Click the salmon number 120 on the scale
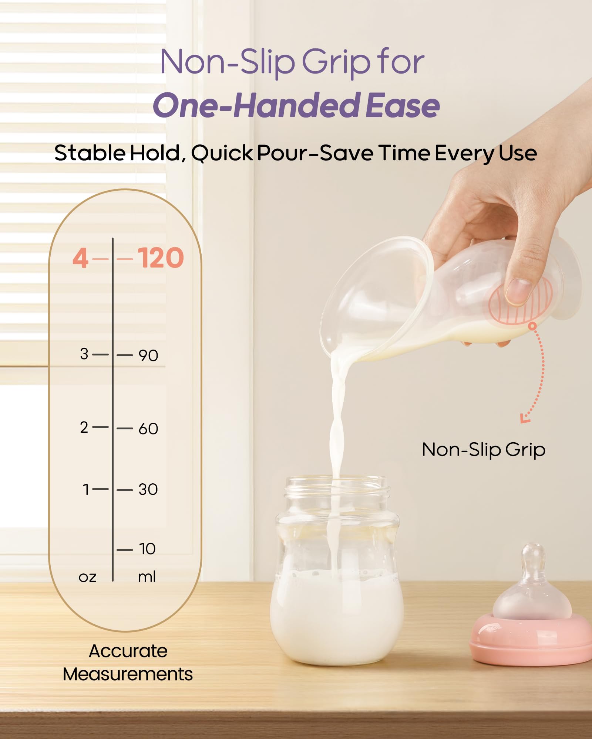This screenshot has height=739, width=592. pos(161,258)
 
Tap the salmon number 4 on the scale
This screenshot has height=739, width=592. pos(80,258)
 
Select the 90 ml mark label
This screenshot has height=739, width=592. pos(148,355)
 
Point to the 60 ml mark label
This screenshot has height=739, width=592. pos(148,429)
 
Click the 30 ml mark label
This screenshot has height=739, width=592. pos(148,490)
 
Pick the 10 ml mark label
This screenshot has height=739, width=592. pos(147,549)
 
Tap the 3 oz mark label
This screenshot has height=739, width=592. pos(84,354)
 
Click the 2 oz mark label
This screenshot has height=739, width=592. pos(84,428)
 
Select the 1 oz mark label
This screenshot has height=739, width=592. pos(86,489)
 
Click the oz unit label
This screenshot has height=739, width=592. pos(87,577)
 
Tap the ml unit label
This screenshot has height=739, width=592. pos(147,576)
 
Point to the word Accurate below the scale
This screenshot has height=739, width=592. pos(128,651)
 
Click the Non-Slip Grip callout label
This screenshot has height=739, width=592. pos(484,450)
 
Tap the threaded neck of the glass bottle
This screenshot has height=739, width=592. pos(337,490)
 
